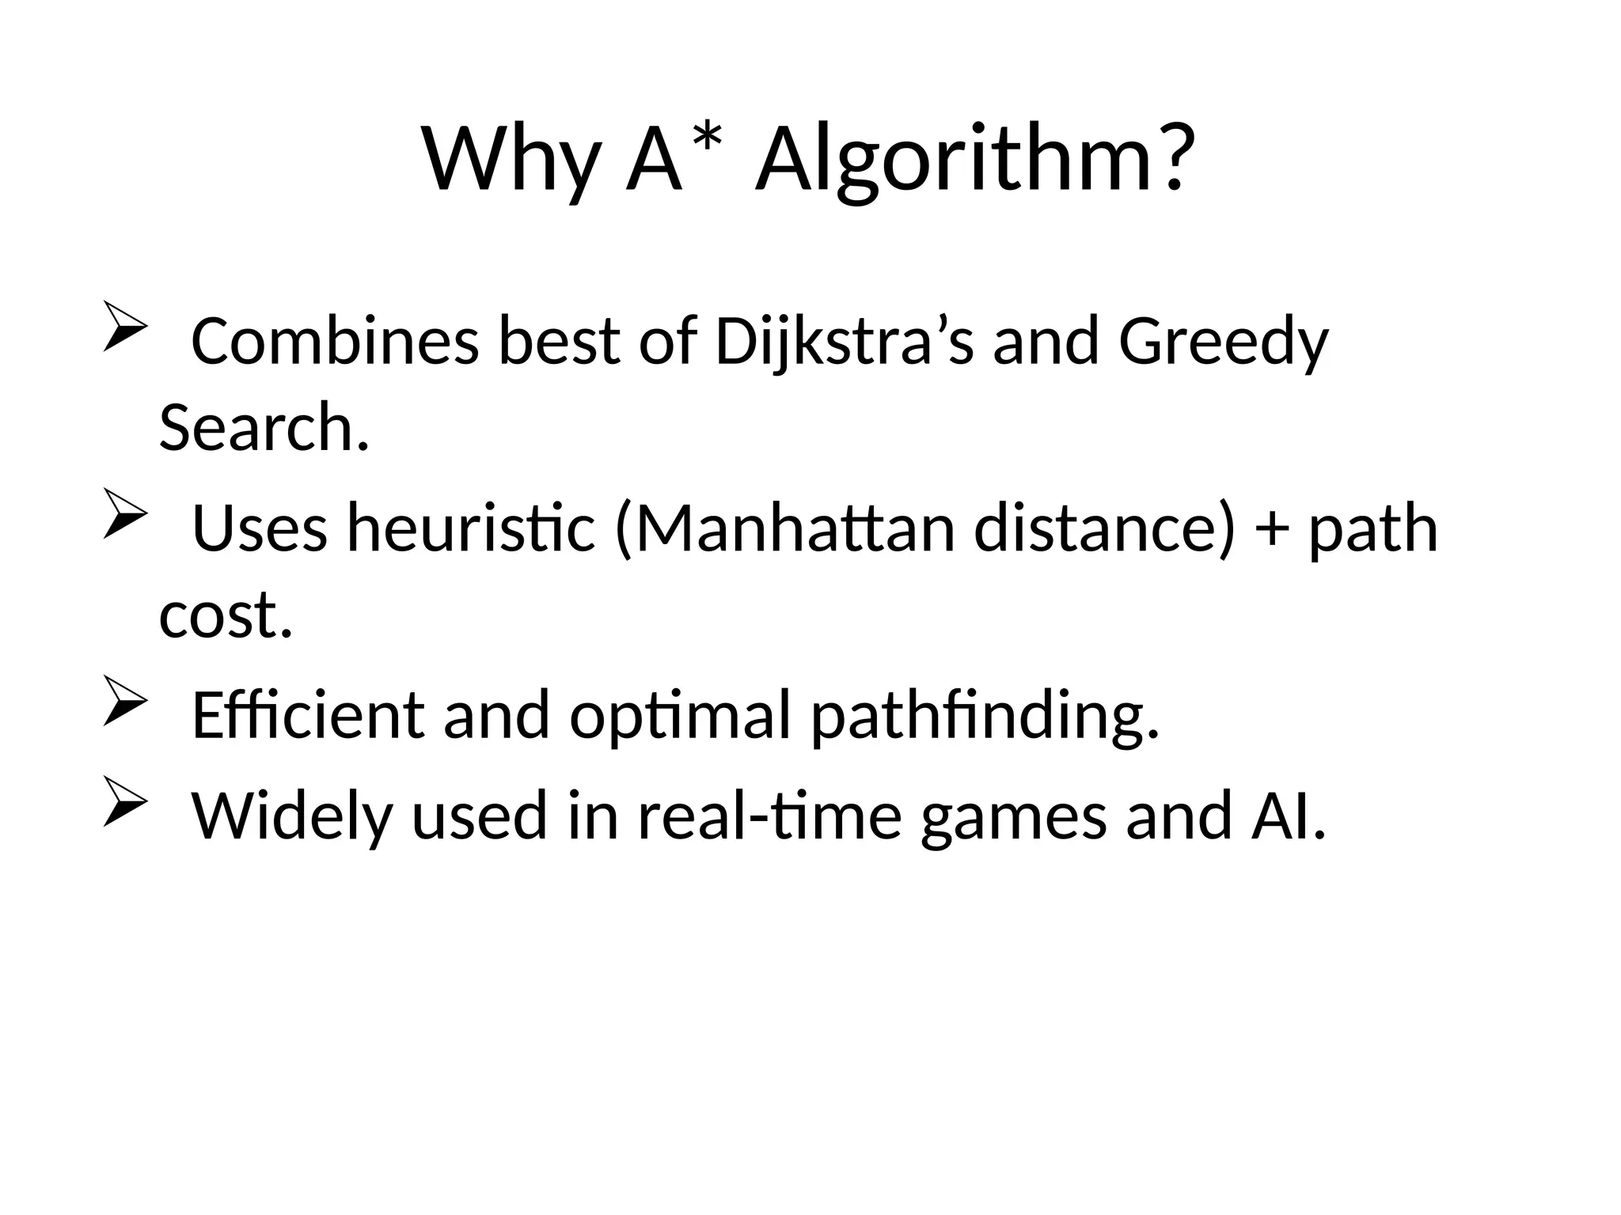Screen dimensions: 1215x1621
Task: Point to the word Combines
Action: click(x=335, y=343)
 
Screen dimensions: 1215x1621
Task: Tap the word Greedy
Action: click(x=1224, y=343)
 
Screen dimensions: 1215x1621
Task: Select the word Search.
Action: click(x=264, y=428)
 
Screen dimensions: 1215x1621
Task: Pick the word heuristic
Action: click(x=471, y=529)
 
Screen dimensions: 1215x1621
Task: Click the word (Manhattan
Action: click(x=784, y=529)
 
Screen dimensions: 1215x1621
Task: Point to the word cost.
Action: click(x=226, y=615)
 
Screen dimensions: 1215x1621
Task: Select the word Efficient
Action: click(x=308, y=716)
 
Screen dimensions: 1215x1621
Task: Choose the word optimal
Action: click(x=680, y=716)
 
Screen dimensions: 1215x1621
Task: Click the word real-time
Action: click(x=769, y=816)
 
